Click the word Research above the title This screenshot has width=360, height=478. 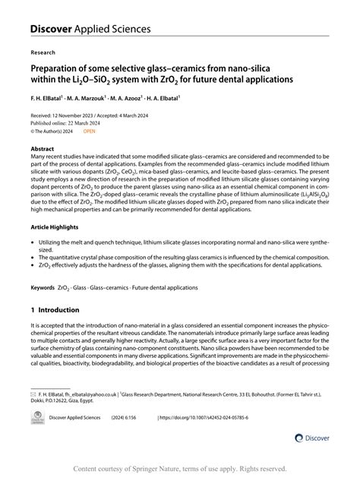[43, 53]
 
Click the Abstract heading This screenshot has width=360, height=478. [43, 149]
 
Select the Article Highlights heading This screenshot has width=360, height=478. [58, 227]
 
